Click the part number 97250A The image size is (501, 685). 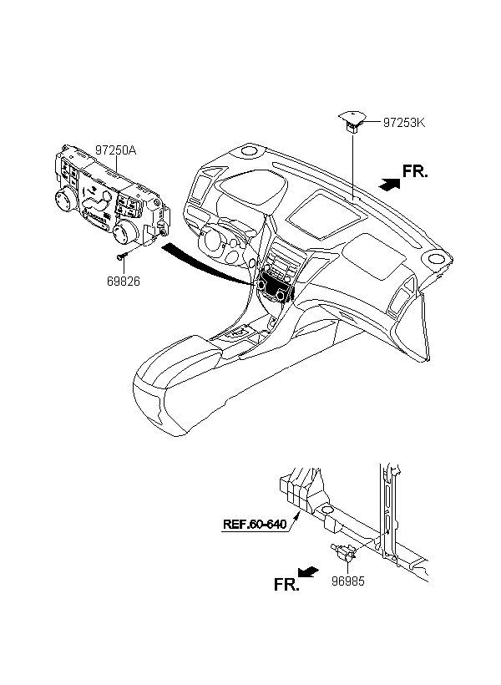pyautogui.click(x=116, y=150)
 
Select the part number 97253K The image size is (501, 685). pyautogui.click(x=404, y=122)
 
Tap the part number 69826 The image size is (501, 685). pyautogui.click(x=124, y=282)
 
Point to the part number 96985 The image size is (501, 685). pyautogui.click(x=347, y=581)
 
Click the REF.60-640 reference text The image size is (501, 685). pyautogui.click(x=255, y=524)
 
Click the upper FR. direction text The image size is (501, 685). pyautogui.click(x=415, y=171)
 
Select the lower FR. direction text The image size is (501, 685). pyautogui.click(x=286, y=584)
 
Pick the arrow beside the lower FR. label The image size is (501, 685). pyautogui.click(x=308, y=572)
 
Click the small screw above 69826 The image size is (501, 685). pyautogui.click(x=121, y=257)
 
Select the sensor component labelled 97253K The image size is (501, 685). pyautogui.click(x=352, y=121)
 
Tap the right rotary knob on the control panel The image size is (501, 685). pyautogui.click(x=124, y=231)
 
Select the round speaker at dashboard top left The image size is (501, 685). pyautogui.click(x=249, y=150)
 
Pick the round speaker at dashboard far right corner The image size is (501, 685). pyautogui.click(x=438, y=259)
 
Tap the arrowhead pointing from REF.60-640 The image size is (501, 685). pyautogui.click(x=298, y=515)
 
